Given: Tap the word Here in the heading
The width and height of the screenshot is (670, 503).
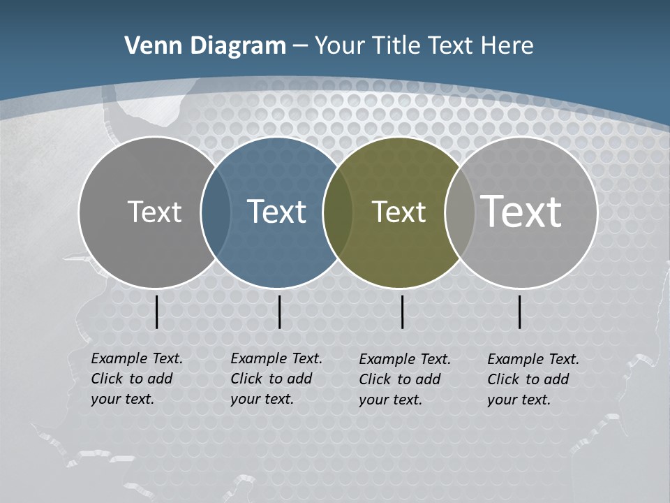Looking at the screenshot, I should point(507,46).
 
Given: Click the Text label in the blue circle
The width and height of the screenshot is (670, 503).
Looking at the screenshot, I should point(277,212).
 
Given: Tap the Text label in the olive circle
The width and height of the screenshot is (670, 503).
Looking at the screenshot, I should point(399,212).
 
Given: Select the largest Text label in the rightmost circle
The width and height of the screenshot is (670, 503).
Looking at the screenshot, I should point(521,211).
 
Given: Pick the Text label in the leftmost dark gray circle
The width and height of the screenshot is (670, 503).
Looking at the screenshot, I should point(154,212).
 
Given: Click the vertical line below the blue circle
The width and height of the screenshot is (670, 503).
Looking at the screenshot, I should point(279,312).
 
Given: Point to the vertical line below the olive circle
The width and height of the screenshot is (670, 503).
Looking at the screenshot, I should point(403,312).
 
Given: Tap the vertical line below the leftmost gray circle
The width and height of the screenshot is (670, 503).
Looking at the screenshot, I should point(157,312).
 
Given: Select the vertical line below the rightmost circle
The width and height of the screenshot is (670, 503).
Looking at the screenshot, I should point(520,312).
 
